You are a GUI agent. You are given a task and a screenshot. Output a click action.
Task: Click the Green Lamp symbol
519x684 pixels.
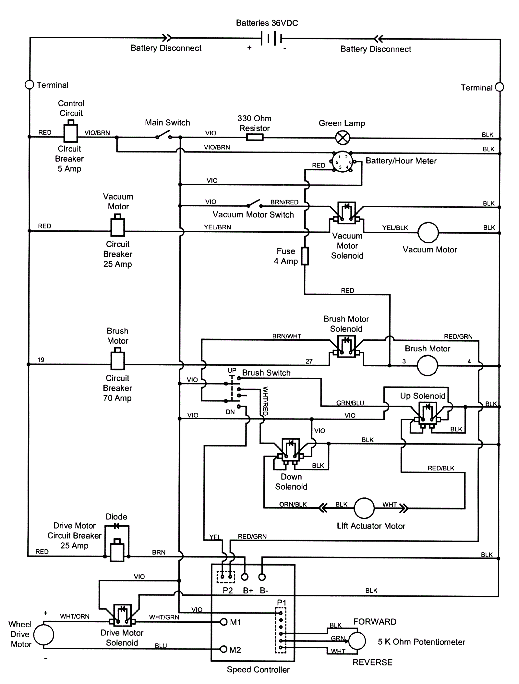(343, 138)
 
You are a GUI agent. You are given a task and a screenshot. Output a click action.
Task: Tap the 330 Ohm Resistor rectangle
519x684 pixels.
(255, 138)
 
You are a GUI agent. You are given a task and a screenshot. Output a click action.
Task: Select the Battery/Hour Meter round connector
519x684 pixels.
(342, 162)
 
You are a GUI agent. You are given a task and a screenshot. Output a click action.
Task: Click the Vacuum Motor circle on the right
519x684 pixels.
(428, 233)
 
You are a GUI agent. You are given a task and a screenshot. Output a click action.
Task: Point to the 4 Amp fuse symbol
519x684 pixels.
(305, 256)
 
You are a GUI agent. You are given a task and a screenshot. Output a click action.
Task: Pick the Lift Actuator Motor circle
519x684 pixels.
(364, 508)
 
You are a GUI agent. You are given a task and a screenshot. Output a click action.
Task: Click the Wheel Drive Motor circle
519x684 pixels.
(44, 635)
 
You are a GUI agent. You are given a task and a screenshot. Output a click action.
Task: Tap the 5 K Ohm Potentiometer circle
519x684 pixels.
(357, 641)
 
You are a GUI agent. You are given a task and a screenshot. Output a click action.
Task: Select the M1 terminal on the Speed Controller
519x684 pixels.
(223, 622)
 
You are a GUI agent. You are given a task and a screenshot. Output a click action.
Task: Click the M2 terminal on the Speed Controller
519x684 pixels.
(223, 649)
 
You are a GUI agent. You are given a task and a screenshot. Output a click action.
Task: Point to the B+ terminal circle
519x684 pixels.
(245, 577)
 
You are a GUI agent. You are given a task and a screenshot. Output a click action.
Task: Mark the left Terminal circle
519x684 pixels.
(30, 85)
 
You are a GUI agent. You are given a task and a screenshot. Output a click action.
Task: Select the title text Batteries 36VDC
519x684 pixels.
(267, 23)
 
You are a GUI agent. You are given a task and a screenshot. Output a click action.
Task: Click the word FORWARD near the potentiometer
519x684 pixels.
(375, 622)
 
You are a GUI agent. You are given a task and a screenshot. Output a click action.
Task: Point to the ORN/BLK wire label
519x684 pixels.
(293, 504)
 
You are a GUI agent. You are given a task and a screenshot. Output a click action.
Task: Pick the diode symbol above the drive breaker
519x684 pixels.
(116, 526)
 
